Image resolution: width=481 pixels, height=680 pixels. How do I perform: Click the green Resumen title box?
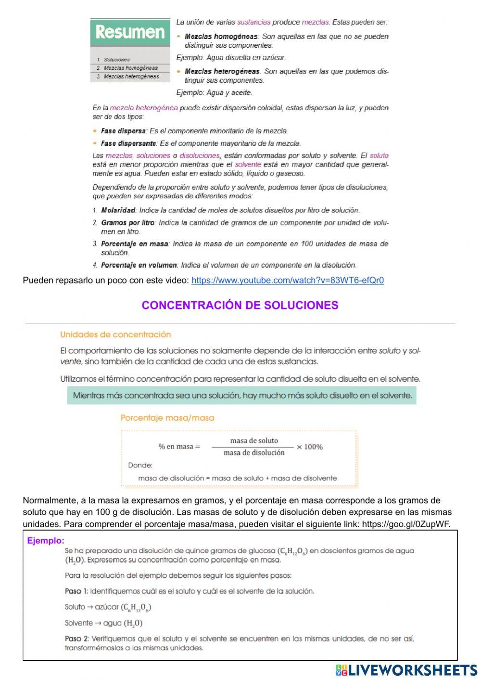[130, 32]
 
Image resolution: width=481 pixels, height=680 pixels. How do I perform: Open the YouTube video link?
[287, 281]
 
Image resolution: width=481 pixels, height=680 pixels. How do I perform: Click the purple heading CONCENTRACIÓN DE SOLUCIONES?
[240, 305]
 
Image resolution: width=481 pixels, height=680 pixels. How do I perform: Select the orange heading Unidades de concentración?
[115, 334]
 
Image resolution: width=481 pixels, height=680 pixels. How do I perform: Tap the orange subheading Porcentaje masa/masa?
[167, 418]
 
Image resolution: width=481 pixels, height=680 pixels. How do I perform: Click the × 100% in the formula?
[309, 447]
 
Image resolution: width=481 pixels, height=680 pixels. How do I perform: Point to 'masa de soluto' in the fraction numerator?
[254, 440]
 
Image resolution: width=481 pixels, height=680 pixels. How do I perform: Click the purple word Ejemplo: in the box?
[46, 541]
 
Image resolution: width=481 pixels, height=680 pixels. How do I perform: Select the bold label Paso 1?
[76, 591]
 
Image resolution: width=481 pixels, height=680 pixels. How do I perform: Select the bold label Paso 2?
[76, 639]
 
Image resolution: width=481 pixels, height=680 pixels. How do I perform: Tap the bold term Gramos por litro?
[127, 223]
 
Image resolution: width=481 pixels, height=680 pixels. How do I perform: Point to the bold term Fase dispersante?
[128, 143]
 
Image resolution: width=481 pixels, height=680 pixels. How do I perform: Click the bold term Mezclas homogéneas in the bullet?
[221, 37]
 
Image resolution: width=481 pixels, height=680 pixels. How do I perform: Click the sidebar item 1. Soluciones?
[115, 60]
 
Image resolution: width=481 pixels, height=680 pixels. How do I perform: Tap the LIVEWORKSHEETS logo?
[406, 670]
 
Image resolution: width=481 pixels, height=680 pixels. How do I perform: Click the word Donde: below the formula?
[140, 465]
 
